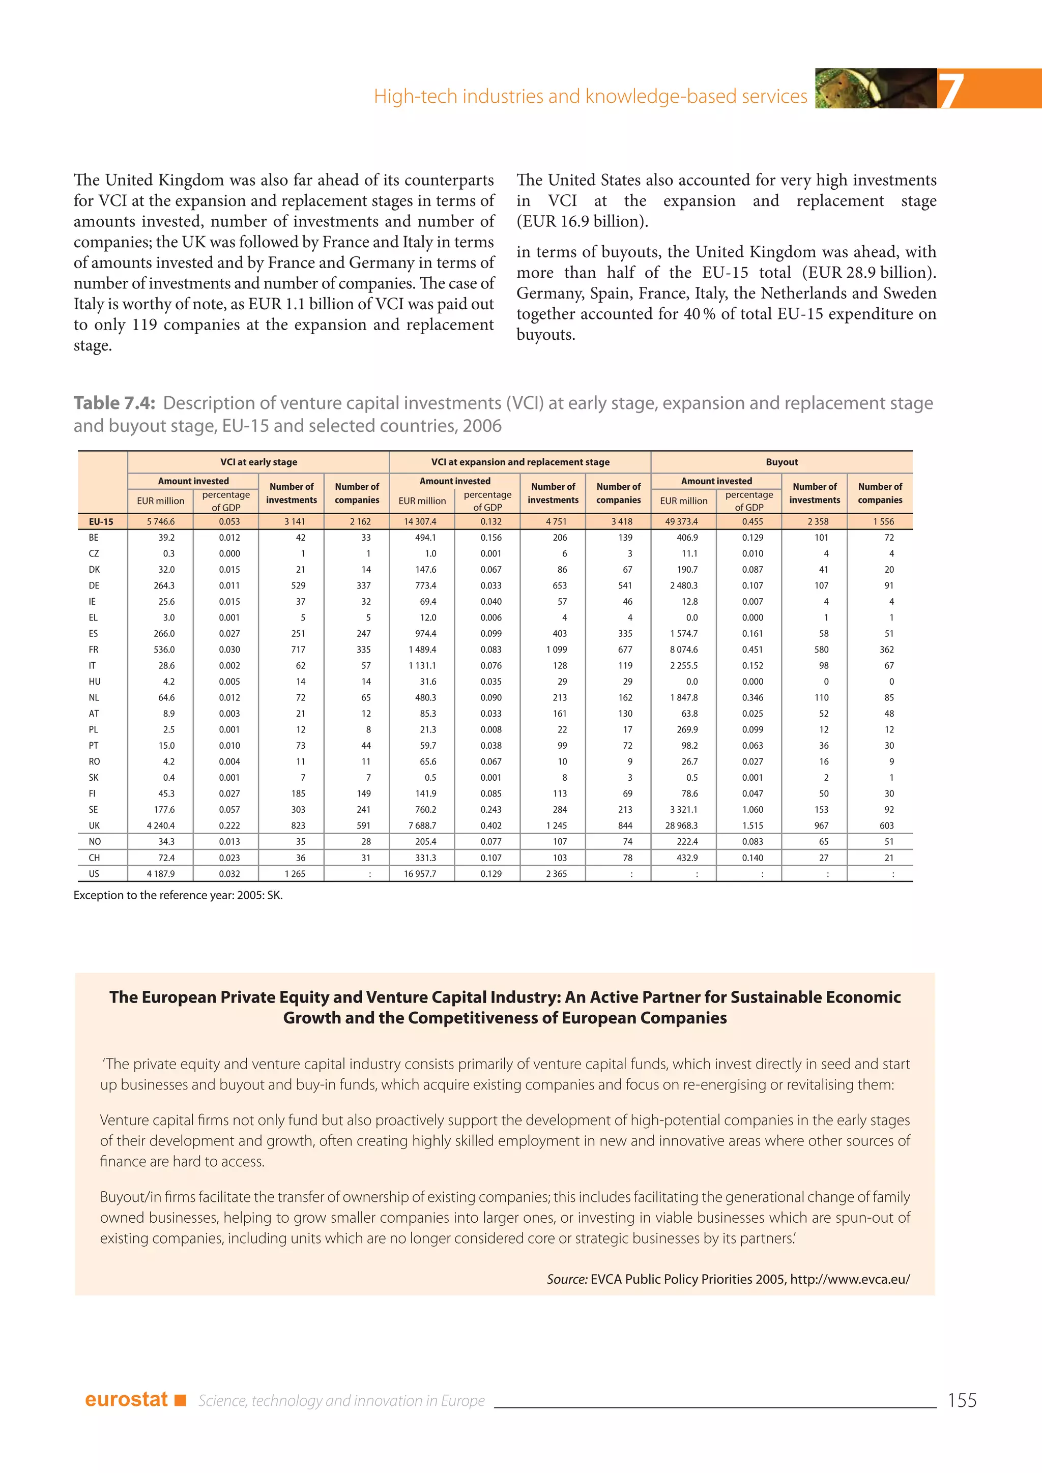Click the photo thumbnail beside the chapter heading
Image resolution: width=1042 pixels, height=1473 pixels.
click(875, 89)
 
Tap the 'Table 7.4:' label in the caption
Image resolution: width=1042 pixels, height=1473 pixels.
click(114, 403)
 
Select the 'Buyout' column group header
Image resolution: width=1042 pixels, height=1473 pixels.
click(781, 462)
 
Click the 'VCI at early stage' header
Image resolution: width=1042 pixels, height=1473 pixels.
click(258, 462)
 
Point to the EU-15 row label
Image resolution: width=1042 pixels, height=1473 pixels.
click(101, 521)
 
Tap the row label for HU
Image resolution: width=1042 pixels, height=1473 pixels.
click(94, 682)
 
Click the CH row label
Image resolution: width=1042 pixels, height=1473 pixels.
click(94, 858)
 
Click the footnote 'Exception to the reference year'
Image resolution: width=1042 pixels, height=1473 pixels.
click(178, 895)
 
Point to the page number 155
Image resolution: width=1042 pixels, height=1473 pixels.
click(962, 1400)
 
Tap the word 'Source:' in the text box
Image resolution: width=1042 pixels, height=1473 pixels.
click(567, 1279)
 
